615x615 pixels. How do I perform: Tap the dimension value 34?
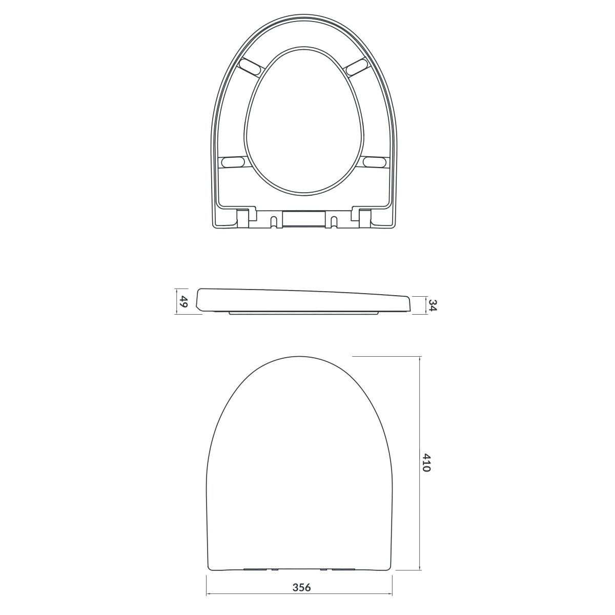432,305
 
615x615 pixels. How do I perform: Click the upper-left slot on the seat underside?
252,67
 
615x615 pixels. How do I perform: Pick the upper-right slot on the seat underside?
356,67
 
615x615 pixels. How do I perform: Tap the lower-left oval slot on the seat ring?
234,161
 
